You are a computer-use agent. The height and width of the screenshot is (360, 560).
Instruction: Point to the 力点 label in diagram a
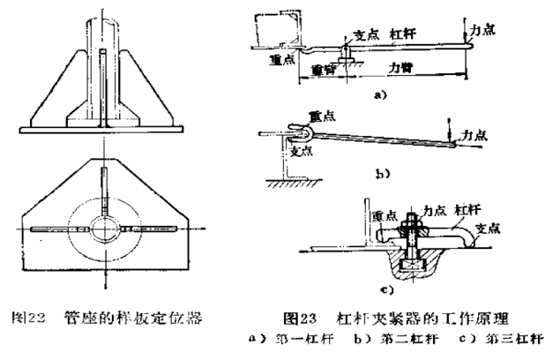[482, 29]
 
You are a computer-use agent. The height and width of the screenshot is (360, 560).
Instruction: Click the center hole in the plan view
[105, 228]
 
